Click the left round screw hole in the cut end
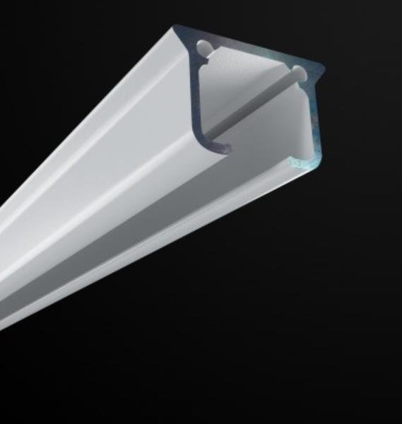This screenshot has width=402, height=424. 204,48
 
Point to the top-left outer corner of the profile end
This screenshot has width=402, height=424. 175,28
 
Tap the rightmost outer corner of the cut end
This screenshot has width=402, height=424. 324,69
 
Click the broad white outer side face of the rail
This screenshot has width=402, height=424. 92,141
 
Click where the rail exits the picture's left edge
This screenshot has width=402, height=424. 2,269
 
